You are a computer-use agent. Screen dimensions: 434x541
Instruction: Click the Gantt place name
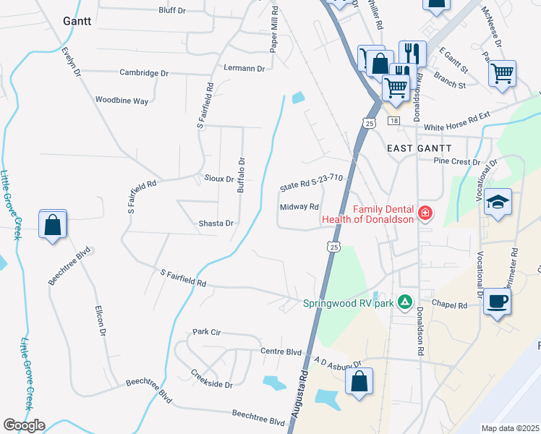pyautogui.click(x=77, y=20)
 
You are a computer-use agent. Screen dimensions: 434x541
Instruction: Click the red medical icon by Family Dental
pyautogui.click(x=425, y=213)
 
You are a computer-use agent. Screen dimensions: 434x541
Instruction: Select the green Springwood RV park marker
pyautogui.click(x=406, y=302)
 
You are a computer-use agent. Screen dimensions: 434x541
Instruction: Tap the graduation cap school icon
pyautogui.click(x=498, y=202)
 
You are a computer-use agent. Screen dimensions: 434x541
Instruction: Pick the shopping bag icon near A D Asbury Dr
pyautogui.click(x=359, y=381)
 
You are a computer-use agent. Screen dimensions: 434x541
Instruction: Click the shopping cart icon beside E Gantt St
pyautogui.click(x=502, y=72)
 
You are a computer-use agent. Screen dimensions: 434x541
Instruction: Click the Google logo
pyautogui.click(x=24, y=425)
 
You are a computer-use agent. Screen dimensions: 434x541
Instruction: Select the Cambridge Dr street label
pyautogui.click(x=144, y=73)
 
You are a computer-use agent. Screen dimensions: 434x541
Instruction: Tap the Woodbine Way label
pyautogui.click(x=122, y=101)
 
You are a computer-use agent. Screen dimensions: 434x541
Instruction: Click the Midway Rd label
pyautogui.click(x=299, y=207)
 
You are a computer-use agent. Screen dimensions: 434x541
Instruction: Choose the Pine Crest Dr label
pyautogui.click(x=456, y=162)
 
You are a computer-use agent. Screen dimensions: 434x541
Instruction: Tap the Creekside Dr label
pyautogui.click(x=212, y=380)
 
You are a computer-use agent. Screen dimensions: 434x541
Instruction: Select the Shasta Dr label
pyautogui.click(x=216, y=224)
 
